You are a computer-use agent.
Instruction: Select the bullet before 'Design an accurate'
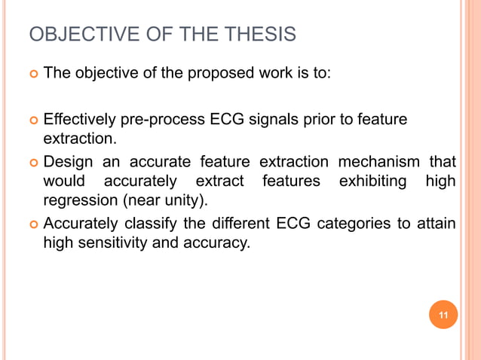[32, 162]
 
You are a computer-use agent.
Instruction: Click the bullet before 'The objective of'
[32, 75]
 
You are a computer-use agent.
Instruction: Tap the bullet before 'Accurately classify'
[32, 224]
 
